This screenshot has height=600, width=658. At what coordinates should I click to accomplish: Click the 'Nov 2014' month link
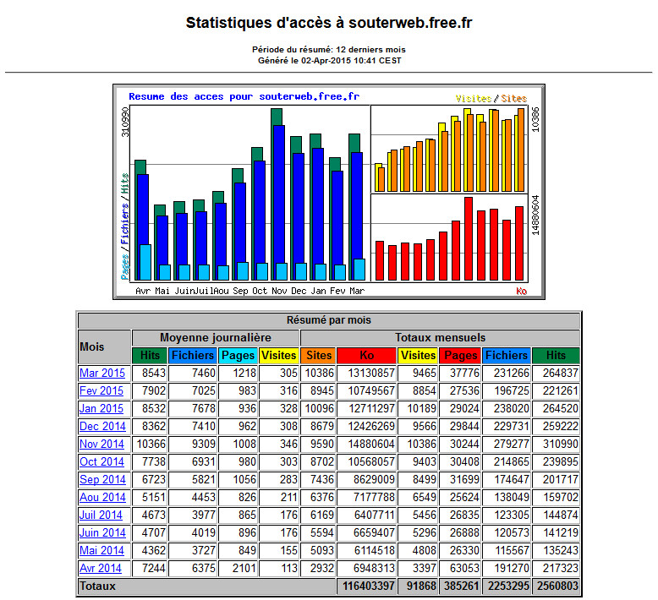tap(101, 444)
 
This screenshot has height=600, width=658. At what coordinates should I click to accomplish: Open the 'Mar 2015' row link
tap(102, 374)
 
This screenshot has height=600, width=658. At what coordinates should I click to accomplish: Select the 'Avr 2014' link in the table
tap(101, 568)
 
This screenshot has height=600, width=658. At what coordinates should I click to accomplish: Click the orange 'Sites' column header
tap(319, 356)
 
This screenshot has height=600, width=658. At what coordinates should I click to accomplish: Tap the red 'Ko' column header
tap(367, 356)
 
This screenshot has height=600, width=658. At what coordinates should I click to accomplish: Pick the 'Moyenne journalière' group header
tap(216, 338)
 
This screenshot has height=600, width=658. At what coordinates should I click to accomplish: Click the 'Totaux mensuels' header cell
tap(440, 338)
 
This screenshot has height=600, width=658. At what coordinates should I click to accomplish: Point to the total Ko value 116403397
tap(369, 586)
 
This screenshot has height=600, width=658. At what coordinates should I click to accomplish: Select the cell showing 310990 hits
tap(560, 444)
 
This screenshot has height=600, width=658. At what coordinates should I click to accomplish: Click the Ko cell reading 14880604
tap(371, 444)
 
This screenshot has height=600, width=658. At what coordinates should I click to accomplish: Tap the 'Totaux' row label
tap(97, 586)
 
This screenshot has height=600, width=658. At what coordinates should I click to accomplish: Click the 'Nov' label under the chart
tap(279, 291)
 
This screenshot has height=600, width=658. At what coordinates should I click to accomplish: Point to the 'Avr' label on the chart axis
tap(143, 291)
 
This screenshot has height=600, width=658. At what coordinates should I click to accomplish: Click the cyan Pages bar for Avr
tap(145, 262)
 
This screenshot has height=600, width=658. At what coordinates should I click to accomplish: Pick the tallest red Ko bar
tap(469, 238)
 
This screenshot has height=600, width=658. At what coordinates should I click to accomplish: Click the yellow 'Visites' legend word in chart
tap(474, 99)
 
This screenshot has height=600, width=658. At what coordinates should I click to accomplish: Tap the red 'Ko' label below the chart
tap(522, 291)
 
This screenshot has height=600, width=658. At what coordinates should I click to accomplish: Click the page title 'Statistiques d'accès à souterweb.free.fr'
tap(329, 23)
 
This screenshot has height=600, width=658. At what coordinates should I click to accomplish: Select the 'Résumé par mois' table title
tap(329, 320)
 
